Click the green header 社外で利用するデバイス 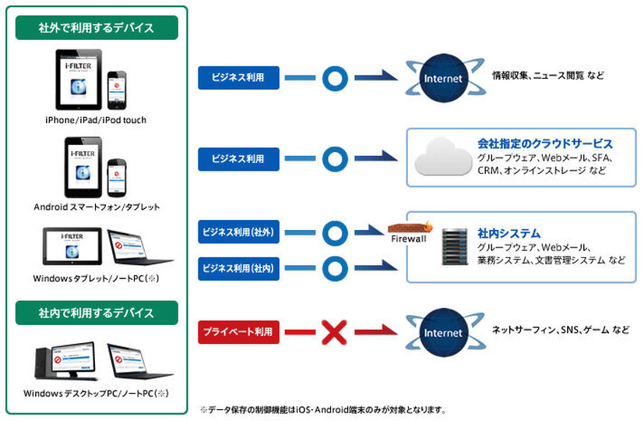click(x=97, y=28)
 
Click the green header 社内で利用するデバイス click(x=97, y=313)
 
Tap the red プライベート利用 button click(x=238, y=331)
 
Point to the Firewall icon click(x=407, y=232)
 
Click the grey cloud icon click(x=442, y=157)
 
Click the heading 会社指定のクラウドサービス click(x=544, y=144)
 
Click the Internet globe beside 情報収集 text click(x=442, y=78)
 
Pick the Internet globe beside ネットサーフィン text click(x=442, y=332)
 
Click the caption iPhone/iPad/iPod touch click(x=96, y=120)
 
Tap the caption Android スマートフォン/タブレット click(x=97, y=207)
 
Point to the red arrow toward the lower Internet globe click(x=382, y=332)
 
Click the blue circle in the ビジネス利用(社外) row click(x=335, y=232)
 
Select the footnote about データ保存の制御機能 click(x=323, y=409)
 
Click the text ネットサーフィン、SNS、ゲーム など click(x=560, y=330)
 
